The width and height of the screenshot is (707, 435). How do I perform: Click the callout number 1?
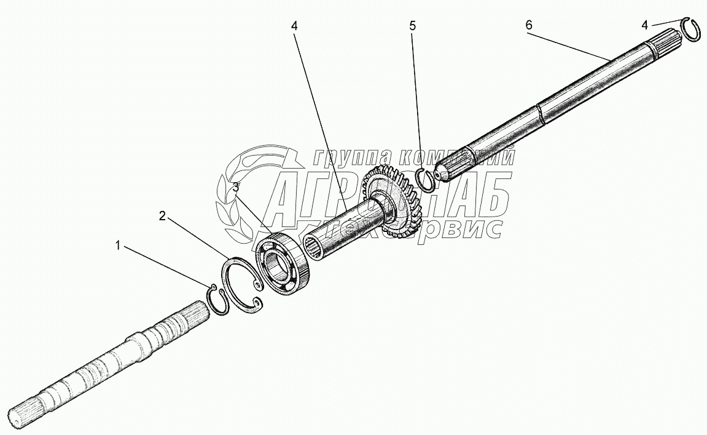[117, 246]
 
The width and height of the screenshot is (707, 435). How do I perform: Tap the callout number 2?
[162, 215]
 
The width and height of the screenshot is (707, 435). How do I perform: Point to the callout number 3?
[235, 186]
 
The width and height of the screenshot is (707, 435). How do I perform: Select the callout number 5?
[413, 26]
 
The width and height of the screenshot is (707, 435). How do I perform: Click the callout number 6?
[529, 25]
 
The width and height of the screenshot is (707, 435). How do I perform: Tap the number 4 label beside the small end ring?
[644, 25]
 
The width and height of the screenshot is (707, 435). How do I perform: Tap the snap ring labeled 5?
[425, 178]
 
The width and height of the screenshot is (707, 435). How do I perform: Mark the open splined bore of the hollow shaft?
[314, 248]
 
